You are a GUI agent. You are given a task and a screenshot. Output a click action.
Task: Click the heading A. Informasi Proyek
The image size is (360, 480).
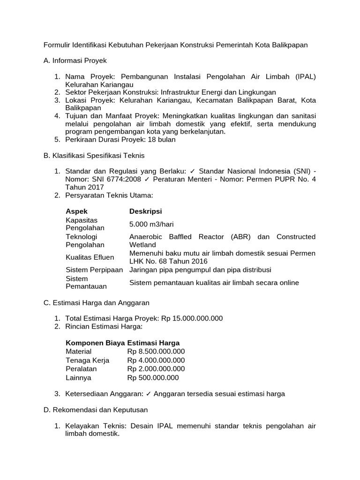[75, 60]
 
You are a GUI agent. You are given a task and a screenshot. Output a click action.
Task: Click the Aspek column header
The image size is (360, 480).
[76, 211]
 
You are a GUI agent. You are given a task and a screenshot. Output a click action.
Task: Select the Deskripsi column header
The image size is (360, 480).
[146, 211]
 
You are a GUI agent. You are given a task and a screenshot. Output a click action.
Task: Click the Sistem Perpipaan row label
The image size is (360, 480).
[94, 270]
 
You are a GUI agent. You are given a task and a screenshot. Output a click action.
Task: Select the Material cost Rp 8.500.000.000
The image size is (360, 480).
[156, 351]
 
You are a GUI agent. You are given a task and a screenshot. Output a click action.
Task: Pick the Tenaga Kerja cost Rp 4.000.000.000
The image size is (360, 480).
[156, 360]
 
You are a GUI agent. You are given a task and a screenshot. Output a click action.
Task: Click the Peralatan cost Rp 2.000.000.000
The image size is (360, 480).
[156, 369]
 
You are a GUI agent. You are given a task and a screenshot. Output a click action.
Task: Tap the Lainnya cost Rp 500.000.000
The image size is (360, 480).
[153, 378]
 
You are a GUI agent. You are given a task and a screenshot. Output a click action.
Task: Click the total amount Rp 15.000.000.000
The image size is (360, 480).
[192, 318]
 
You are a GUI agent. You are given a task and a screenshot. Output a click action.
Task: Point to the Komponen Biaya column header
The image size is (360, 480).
[95, 343]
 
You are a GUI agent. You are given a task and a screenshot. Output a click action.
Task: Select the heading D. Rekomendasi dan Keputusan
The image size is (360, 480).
[96, 410]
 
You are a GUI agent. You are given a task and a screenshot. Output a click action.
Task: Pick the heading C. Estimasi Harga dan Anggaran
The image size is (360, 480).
[96, 303]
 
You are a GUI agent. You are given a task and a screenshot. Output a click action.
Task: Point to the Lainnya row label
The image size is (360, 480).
[79, 378]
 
